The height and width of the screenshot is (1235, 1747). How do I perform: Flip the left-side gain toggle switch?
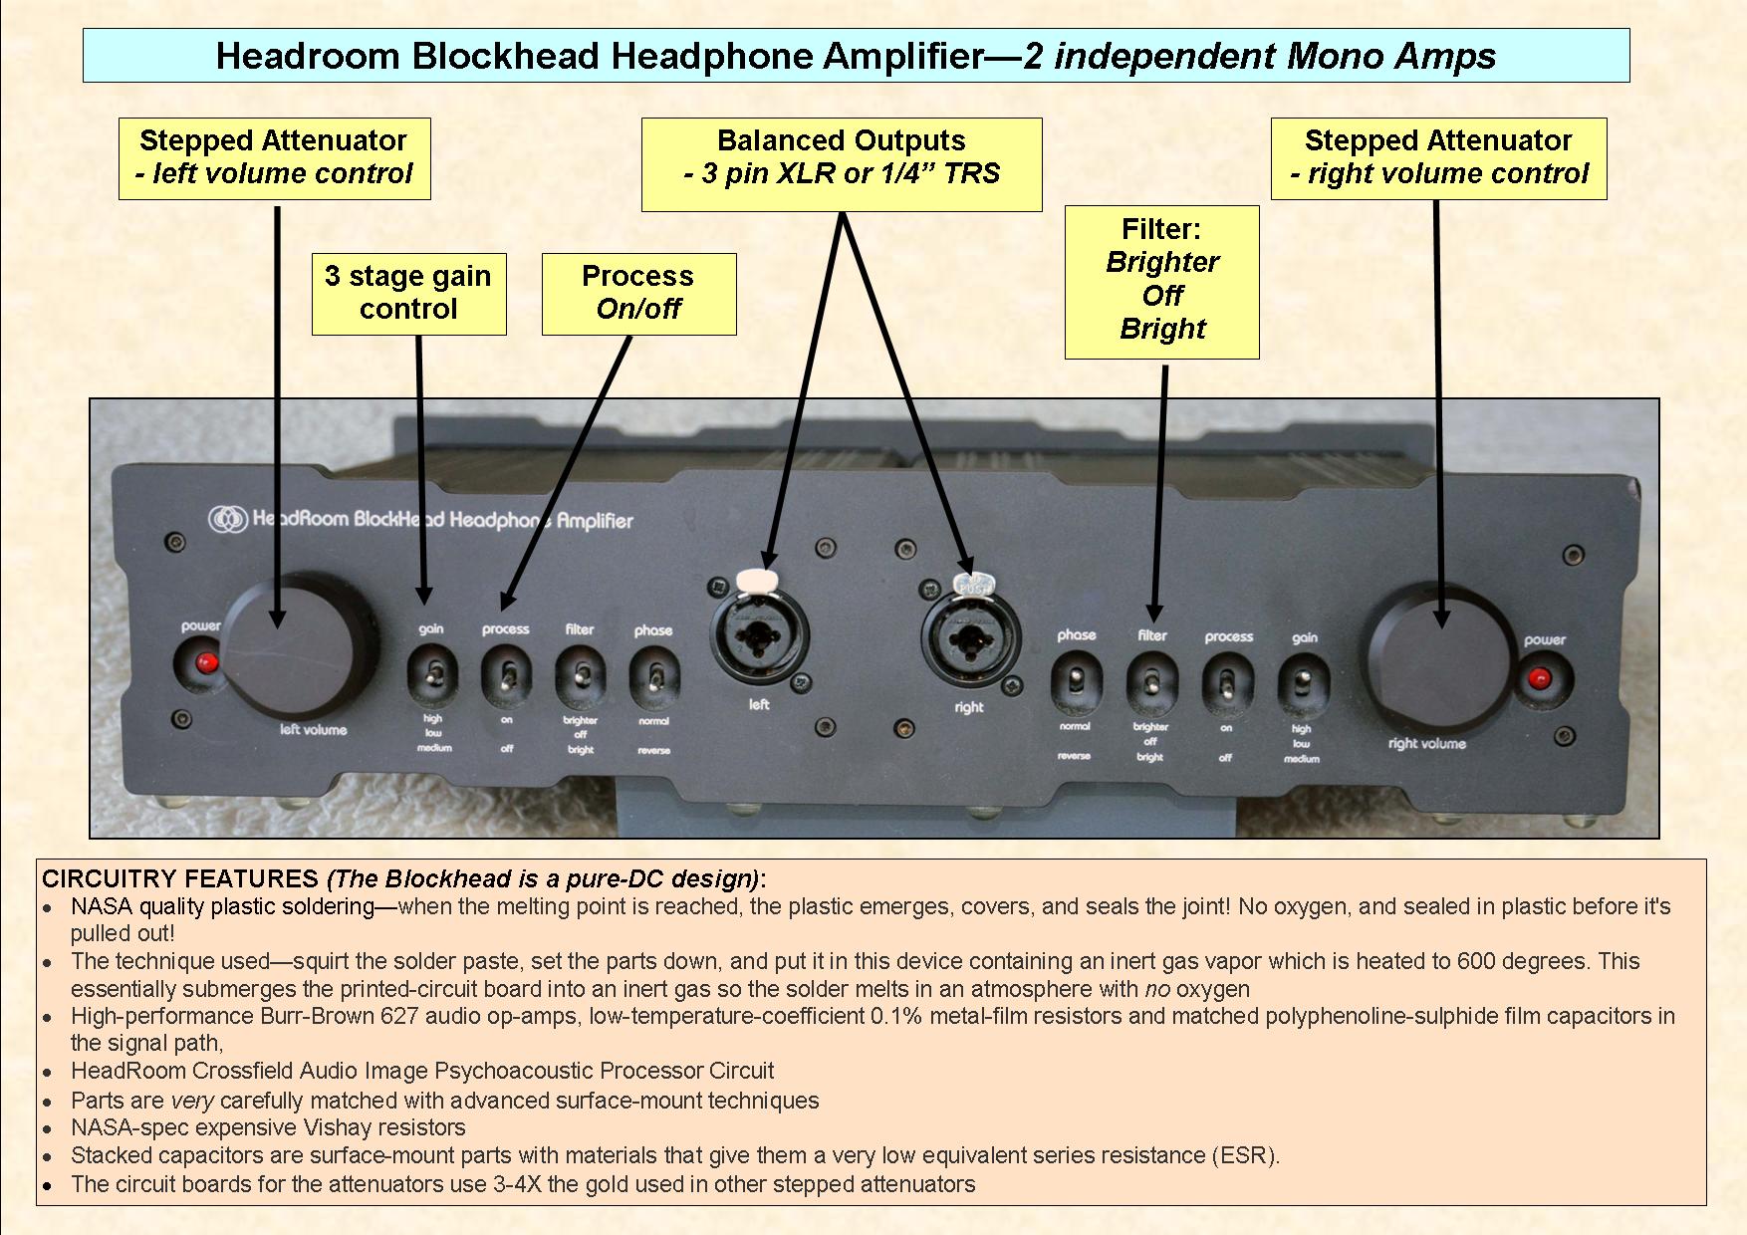(x=431, y=674)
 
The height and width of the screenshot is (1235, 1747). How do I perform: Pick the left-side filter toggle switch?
(x=580, y=677)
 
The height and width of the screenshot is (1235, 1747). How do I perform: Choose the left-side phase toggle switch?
(x=653, y=678)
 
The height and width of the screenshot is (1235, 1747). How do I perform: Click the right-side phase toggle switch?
(x=1076, y=683)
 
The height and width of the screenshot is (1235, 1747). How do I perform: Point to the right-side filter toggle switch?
(x=1151, y=684)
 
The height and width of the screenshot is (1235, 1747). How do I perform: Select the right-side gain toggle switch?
(x=1302, y=686)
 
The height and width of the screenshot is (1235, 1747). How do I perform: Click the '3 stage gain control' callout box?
(x=408, y=293)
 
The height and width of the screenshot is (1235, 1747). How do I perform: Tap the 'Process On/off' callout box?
(x=638, y=293)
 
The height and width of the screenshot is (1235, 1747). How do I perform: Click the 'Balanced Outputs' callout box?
(x=841, y=164)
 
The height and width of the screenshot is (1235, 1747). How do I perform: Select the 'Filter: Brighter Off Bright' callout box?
(x=1161, y=281)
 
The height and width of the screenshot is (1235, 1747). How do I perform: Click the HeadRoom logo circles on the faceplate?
(x=227, y=519)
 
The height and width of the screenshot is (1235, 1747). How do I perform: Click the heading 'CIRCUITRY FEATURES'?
(x=179, y=878)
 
